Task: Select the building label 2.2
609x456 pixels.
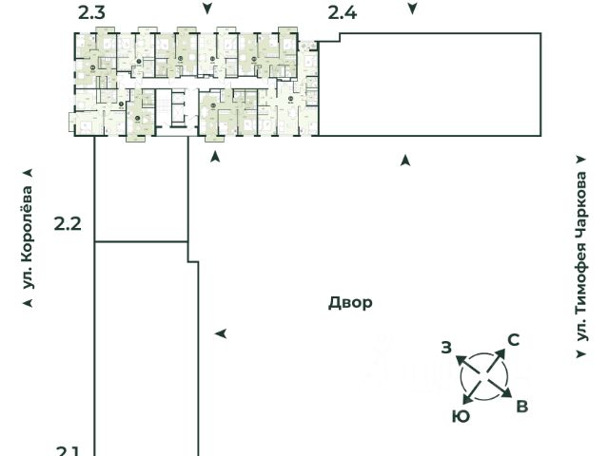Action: click(x=68, y=224)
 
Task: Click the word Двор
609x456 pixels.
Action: click(x=350, y=303)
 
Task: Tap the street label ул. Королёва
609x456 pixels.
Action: click(x=29, y=237)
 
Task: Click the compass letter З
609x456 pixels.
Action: click(x=446, y=348)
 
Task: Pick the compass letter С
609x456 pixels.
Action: click(x=513, y=340)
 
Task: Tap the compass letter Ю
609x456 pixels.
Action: click(x=461, y=416)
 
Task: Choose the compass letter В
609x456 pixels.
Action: click(x=521, y=407)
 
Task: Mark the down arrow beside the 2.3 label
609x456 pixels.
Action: click(x=207, y=9)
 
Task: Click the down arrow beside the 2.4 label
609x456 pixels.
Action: click(x=412, y=9)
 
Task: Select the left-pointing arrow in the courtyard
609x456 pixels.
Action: click(x=221, y=333)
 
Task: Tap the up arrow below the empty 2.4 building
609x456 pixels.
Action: click(x=406, y=160)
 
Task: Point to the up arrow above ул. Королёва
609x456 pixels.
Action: click(x=28, y=173)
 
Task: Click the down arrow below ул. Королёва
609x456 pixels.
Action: click(x=29, y=303)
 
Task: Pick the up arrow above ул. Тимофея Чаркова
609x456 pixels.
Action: click(x=581, y=161)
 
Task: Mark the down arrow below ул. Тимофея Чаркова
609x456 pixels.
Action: click(x=581, y=353)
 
